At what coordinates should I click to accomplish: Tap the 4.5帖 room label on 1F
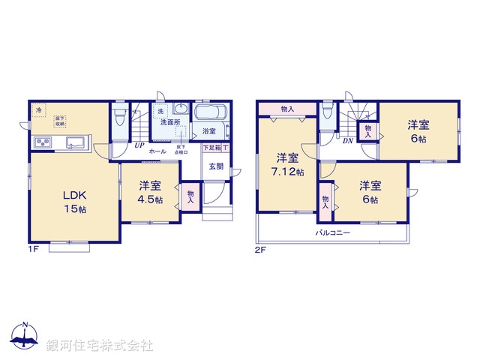click(149, 192)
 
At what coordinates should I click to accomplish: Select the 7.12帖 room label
click(289, 165)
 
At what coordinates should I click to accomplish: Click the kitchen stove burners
click(42, 142)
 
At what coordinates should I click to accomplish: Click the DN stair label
click(348, 140)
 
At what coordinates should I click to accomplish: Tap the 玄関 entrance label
click(216, 166)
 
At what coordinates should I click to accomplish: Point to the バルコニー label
click(332, 233)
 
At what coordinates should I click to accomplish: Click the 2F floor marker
click(260, 247)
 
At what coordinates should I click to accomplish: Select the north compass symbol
click(24, 337)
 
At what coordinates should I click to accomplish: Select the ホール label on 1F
click(157, 151)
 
